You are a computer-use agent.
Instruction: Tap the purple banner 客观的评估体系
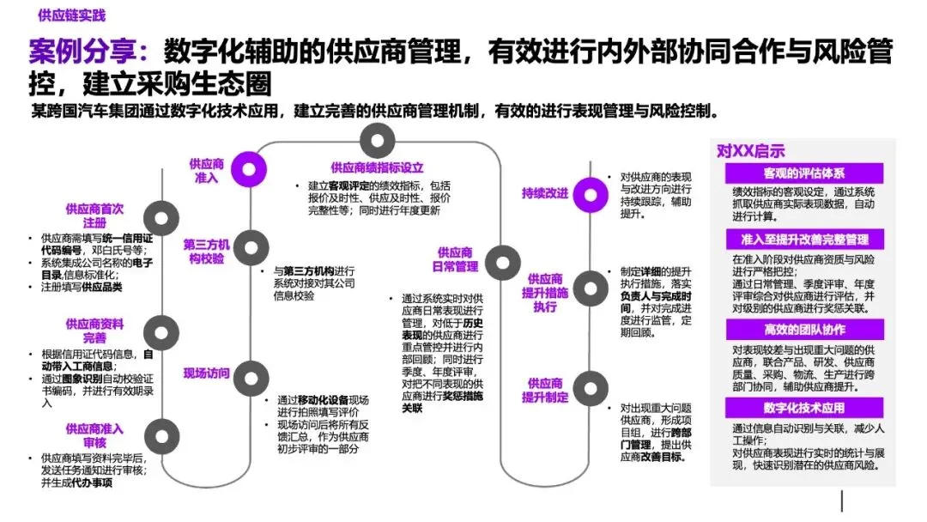[x=803, y=173]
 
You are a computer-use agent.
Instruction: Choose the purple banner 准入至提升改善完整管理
[x=803, y=240]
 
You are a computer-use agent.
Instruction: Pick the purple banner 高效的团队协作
[x=803, y=330]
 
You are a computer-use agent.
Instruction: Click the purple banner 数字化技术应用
[x=803, y=408]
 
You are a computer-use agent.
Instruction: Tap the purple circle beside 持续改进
[x=590, y=191]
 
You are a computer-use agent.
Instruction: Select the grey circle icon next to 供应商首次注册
[x=159, y=215]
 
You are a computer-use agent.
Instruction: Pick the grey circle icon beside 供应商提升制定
[x=589, y=385]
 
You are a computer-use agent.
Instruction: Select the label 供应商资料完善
[x=94, y=331]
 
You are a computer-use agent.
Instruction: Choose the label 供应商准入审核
[x=94, y=434]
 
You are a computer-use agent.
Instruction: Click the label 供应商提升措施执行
[x=545, y=292]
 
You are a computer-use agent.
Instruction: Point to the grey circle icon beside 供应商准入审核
[x=159, y=432]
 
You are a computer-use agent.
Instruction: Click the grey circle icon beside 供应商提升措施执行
[x=590, y=287]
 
